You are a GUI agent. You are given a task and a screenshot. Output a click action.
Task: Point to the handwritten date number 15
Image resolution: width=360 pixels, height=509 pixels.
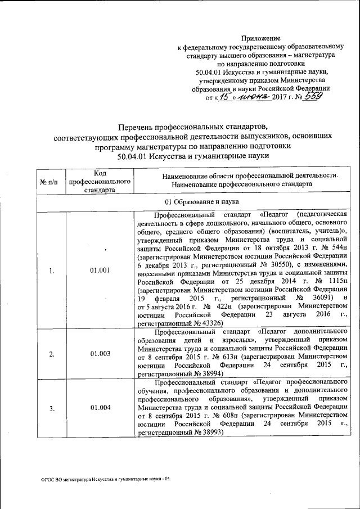coord(225,97)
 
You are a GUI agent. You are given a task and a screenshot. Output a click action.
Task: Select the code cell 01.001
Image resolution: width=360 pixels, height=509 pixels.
coord(100,271)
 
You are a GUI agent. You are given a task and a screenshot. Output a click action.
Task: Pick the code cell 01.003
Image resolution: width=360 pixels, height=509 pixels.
coord(100,354)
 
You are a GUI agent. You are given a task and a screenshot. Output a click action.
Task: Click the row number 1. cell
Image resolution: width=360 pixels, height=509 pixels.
coord(51,271)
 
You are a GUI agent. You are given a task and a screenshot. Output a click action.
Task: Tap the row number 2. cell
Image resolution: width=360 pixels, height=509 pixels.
coord(51,354)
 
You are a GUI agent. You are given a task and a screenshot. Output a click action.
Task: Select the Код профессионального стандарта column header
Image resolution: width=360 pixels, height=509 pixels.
coord(100,180)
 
